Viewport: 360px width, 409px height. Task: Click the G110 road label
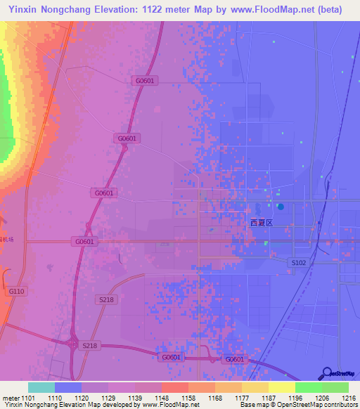[16, 291]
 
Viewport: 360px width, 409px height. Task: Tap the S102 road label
[299, 262]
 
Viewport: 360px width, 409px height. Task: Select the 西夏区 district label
[261, 222]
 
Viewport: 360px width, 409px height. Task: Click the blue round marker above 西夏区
[281, 207]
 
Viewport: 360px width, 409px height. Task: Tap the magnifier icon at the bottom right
[327, 373]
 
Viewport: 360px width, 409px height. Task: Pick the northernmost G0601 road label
[144, 81]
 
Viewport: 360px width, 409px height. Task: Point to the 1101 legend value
[28, 397]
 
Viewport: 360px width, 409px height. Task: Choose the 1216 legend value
[349, 397]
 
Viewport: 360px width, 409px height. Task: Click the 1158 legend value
[188, 397]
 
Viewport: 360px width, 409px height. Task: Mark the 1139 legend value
[135, 397]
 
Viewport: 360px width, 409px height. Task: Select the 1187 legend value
[269, 397]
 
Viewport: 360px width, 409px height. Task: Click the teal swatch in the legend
[41, 387]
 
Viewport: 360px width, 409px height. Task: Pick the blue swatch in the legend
[68, 387]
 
